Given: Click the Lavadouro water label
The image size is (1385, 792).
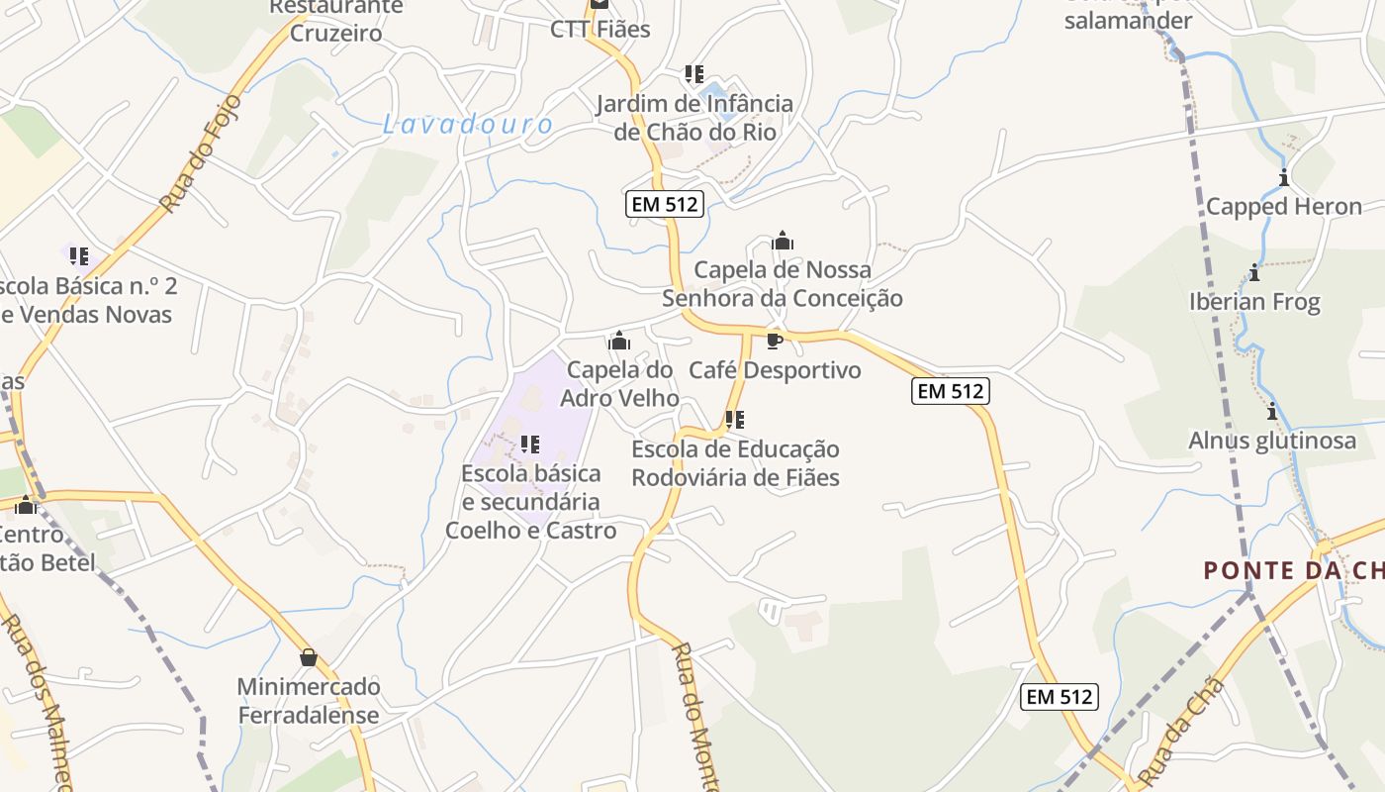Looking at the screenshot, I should (x=468, y=125).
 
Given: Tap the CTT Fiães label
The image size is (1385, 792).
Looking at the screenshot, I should (x=600, y=30).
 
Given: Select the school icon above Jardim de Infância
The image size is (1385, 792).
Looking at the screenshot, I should (x=694, y=74).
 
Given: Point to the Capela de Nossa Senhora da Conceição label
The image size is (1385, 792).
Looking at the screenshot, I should (x=783, y=284).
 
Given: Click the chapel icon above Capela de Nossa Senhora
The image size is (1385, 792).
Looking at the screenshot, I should (x=783, y=241).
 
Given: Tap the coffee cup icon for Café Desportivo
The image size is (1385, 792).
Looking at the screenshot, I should (x=775, y=342).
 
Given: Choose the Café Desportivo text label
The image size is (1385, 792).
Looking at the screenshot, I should (x=775, y=370).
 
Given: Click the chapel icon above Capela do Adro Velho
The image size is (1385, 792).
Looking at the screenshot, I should (x=620, y=342).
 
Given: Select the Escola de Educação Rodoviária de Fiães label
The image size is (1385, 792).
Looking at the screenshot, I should (x=735, y=463).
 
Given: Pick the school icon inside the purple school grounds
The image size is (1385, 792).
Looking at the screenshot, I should (x=529, y=445).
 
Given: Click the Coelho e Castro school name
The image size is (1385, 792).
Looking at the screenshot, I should (x=531, y=530).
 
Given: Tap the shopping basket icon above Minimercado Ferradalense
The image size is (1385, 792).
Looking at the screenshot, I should (x=309, y=657).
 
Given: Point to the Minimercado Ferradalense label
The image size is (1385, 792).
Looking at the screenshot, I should (x=308, y=701).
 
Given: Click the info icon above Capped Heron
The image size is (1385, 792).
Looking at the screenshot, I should (x=1284, y=178).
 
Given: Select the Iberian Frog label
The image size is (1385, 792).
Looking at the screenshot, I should (x=1254, y=302).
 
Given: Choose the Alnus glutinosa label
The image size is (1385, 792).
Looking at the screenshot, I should (x=1272, y=441).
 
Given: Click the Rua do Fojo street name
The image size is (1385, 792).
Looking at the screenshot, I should (x=200, y=153).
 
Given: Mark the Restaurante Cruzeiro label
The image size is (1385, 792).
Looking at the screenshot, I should (x=336, y=20).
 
